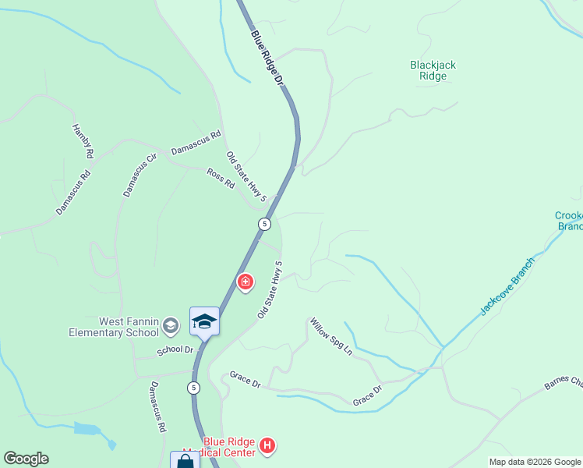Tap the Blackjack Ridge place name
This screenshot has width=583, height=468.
pyautogui.click(x=433, y=71)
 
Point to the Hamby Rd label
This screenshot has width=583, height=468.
pyautogui.click(x=82, y=142)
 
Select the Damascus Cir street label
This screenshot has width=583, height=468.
pyautogui.click(x=140, y=175)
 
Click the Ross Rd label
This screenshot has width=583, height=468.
pyautogui.click(x=221, y=179)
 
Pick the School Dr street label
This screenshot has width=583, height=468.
pyautogui.click(x=175, y=351)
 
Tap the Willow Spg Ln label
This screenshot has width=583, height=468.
pyautogui.click(x=331, y=336)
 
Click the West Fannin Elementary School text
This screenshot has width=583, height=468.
pyautogui.click(x=130, y=327)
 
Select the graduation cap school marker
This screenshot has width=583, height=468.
pyautogui.click(x=204, y=321)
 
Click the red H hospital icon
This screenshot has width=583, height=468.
pyautogui.click(x=267, y=446)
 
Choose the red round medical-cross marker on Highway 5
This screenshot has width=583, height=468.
pyautogui.click(x=245, y=282)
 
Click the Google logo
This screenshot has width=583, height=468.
pyautogui.click(x=26, y=459)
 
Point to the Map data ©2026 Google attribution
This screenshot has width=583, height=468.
pyautogui.click(x=534, y=462)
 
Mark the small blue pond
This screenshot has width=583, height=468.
pyautogui.click(x=88, y=429)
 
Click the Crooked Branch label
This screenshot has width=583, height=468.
pyautogui.click(x=569, y=221)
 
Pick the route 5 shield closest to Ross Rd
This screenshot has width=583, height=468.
pyautogui.click(x=265, y=224)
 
